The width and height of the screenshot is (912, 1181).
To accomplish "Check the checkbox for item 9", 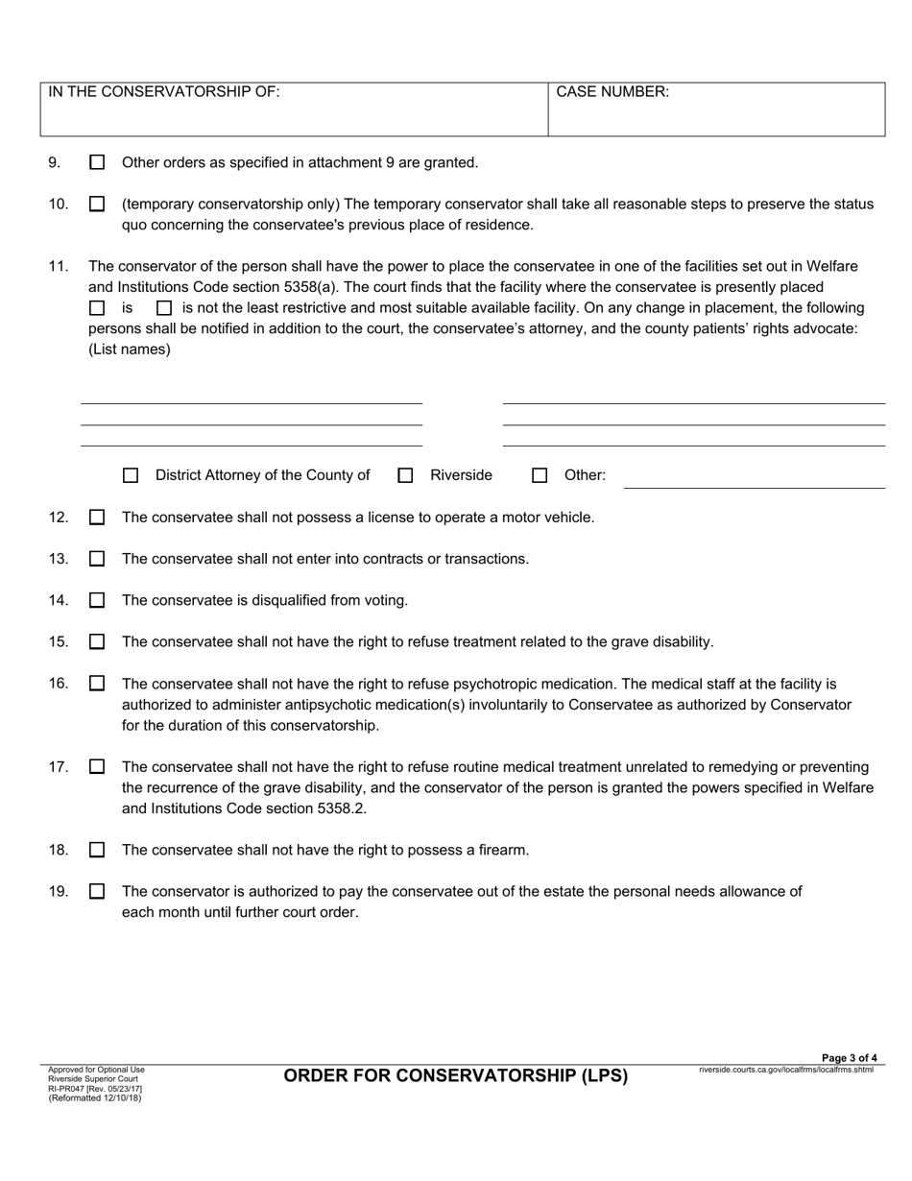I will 97,163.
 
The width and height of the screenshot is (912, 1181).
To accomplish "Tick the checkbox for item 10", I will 97,205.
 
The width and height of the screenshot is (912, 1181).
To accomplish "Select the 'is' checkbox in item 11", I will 97,309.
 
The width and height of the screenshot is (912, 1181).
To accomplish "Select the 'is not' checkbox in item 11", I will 164,309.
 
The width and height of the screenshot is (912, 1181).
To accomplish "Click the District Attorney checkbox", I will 132,475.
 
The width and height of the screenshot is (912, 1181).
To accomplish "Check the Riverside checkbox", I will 406,475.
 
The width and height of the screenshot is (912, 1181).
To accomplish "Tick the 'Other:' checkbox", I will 540,475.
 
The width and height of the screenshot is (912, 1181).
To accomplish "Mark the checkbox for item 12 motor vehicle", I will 97,518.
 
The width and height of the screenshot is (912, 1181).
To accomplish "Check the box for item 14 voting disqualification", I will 97,601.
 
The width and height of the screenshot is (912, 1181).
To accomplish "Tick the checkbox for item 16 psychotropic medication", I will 97,685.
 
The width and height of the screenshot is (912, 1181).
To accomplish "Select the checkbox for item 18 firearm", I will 97,851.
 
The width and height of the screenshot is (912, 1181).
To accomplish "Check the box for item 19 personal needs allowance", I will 97,892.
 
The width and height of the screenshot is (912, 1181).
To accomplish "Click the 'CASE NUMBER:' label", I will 612,92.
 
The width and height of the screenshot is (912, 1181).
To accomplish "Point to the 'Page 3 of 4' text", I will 849,1058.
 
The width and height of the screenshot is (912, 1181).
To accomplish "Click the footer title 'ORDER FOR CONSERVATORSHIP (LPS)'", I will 456,1075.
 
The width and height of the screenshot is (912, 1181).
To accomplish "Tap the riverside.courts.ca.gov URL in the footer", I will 786,1070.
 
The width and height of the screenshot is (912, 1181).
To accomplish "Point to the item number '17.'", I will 59,767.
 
